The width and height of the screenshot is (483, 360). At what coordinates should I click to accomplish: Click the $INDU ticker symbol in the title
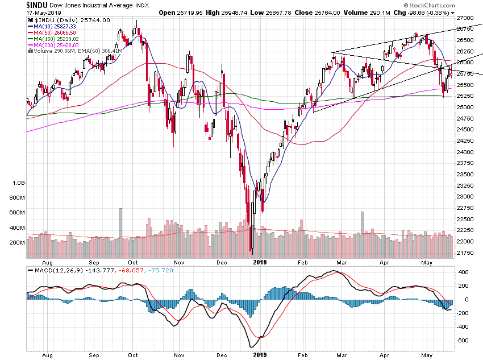(38, 5)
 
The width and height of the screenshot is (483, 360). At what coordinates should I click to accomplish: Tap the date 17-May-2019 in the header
(43, 13)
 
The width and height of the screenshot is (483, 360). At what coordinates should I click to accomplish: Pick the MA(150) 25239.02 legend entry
(55, 39)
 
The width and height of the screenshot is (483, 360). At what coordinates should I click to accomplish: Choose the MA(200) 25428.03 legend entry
(55, 45)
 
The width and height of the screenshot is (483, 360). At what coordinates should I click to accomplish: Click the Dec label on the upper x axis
(222, 262)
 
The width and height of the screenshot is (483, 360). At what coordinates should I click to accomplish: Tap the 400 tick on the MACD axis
(463, 272)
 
